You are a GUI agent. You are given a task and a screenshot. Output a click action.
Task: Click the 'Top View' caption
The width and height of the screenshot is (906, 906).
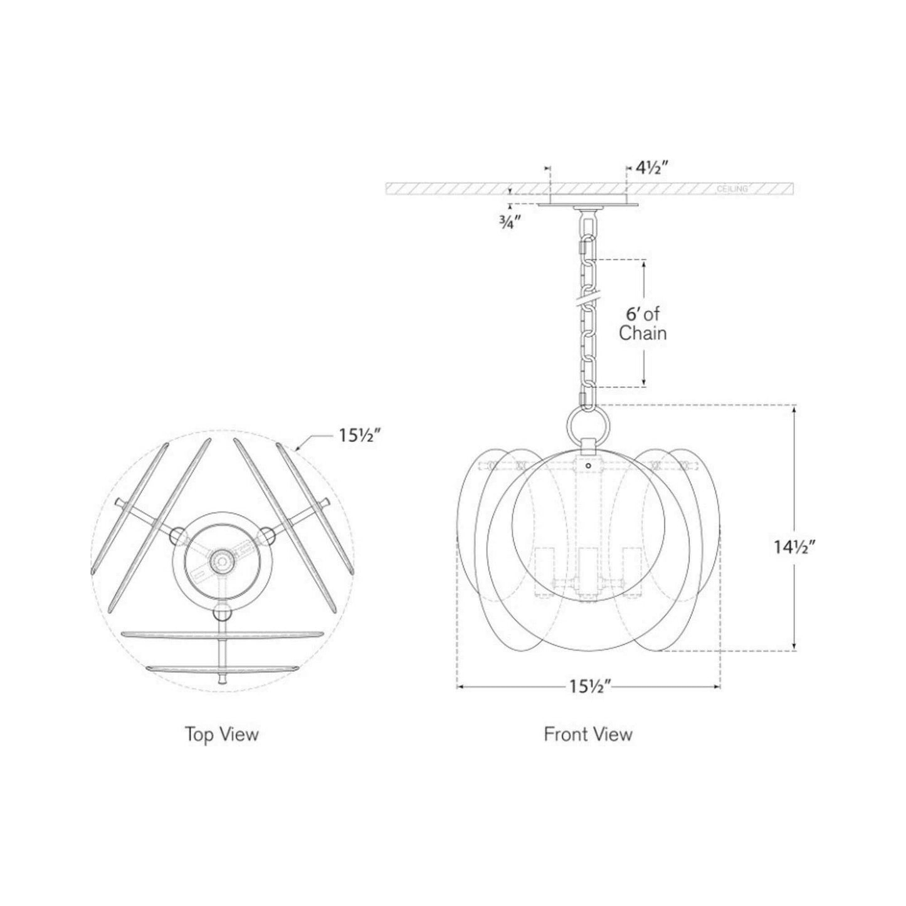click(x=221, y=734)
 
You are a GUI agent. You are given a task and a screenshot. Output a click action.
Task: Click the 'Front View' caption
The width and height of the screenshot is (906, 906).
click(x=587, y=734)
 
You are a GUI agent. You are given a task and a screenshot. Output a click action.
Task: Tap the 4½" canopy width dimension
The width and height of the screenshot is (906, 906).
click(x=651, y=168)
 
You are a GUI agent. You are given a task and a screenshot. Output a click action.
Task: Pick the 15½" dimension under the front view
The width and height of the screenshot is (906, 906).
click(x=590, y=700)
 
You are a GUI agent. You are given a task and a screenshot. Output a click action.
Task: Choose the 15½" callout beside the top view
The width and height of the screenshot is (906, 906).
click(x=358, y=436)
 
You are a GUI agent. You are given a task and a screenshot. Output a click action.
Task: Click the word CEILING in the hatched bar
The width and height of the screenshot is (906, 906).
click(x=732, y=189)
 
